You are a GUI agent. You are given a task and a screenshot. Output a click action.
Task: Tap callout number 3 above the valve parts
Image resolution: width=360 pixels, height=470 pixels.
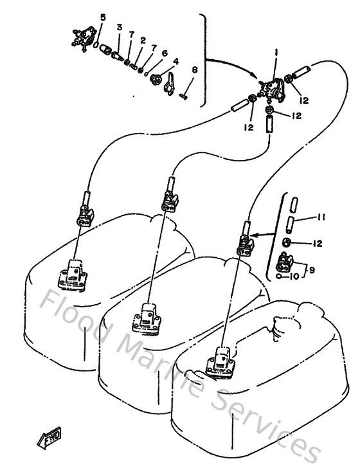pos(119,27)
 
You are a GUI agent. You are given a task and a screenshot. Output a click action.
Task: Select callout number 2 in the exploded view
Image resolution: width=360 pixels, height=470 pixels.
pos(142,40)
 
